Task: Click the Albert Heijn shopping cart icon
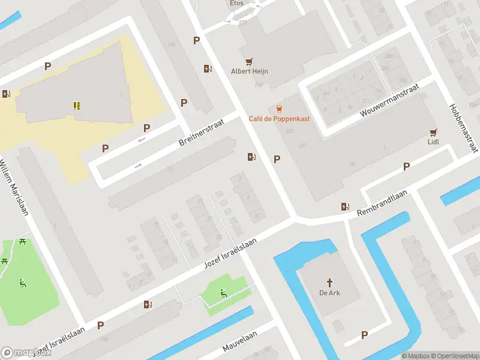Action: (250, 61)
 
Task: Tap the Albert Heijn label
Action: (250, 71)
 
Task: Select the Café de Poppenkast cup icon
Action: (279, 109)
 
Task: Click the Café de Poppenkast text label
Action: (279, 119)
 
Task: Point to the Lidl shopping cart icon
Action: (433, 132)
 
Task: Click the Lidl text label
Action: (433, 142)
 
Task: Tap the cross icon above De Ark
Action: (329, 282)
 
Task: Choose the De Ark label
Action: (329, 293)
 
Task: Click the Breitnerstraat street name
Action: (201, 131)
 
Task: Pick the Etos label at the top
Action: (236, 3)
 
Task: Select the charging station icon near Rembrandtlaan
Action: (345, 206)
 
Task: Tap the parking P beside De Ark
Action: (364, 335)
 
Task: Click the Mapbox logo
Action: (25, 353)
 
